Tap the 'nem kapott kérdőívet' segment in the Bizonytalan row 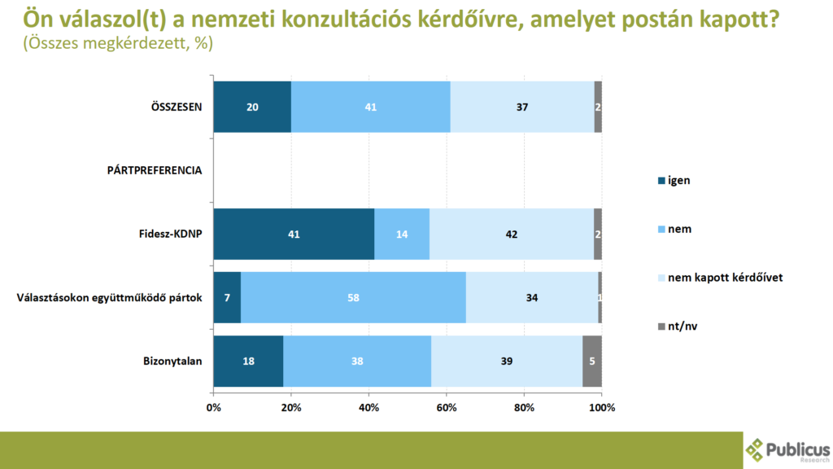pyautogui.click(x=507, y=361)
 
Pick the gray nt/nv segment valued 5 pyautogui.click(x=592, y=361)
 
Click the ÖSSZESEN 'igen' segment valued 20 pyautogui.click(x=252, y=107)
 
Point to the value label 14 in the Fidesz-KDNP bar pyautogui.click(x=402, y=234)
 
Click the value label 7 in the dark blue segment pyautogui.click(x=227, y=297)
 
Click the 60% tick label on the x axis pyautogui.click(x=447, y=407)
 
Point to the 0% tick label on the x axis pyautogui.click(x=214, y=407)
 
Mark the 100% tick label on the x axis pyautogui.click(x=602, y=407)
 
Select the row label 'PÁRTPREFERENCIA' pyautogui.click(x=155, y=170)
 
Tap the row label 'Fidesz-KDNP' pyautogui.click(x=170, y=234)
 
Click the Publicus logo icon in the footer pyautogui.click(x=756, y=449)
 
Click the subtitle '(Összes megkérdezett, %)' pyautogui.click(x=119, y=44)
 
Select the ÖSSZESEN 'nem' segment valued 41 pyautogui.click(x=371, y=107)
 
